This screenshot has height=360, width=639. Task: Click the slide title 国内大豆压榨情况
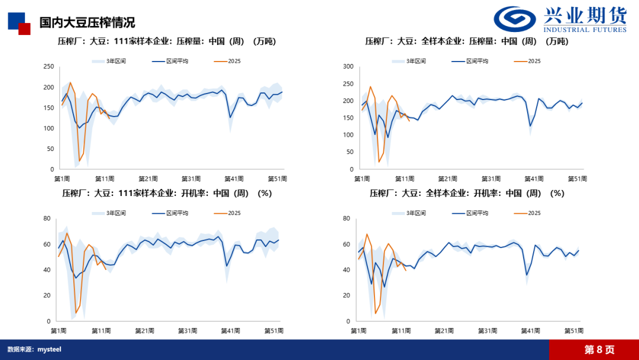coord(87,22)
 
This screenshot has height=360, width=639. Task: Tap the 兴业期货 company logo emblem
coord(517,19)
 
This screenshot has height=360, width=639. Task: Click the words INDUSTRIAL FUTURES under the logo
coord(585,30)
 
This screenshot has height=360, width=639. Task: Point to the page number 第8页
coord(599,349)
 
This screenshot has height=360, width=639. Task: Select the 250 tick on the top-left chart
coord(48,67)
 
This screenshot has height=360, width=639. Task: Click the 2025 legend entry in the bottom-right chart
coord(534,213)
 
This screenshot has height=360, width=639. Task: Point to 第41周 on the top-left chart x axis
coord(235,179)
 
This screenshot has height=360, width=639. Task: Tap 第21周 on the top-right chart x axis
coord(448,179)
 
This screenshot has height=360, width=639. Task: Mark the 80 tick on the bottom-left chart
coord(46,218)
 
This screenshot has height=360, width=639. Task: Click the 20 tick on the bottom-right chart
coord(347,295)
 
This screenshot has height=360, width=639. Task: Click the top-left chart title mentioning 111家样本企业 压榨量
coord(166,41)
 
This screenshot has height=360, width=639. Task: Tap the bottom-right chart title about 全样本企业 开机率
coord(467,193)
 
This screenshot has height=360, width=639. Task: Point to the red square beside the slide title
coord(24,29)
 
